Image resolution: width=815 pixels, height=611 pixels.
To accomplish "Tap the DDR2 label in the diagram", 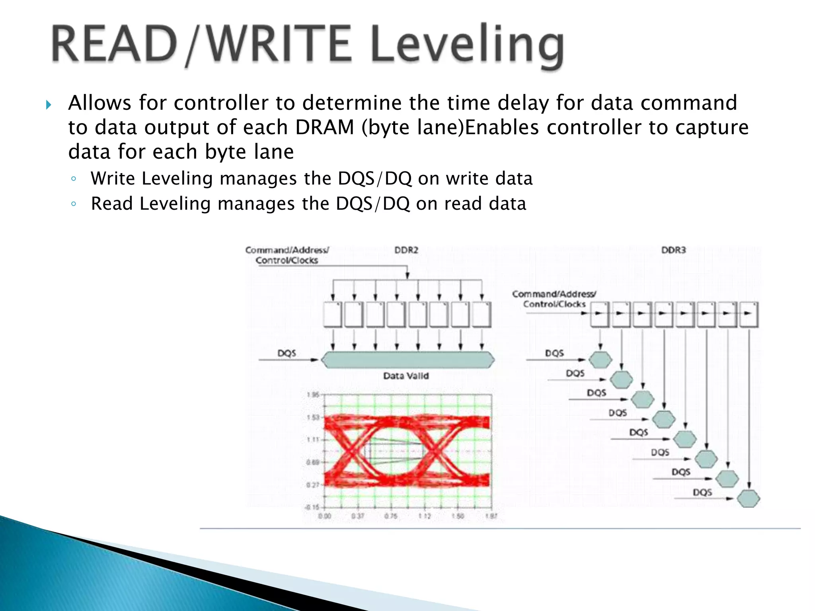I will pyautogui.click(x=406, y=250).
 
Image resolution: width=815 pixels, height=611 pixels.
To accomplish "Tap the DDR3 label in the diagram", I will pyautogui.click(x=673, y=250).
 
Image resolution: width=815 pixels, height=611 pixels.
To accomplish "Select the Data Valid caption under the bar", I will pyautogui.click(x=406, y=376).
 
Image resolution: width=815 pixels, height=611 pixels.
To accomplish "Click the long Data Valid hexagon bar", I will pyautogui.click(x=407, y=360).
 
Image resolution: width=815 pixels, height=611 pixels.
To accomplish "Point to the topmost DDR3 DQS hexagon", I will pyautogui.click(x=600, y=360).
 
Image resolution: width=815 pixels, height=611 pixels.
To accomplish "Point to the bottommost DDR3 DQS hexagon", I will pyautogui.click(x=749, y=498).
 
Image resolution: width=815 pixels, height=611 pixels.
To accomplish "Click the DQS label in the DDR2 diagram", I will pyautogui.click(x=287, y=353).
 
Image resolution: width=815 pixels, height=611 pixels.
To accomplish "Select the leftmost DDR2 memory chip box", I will pyautogui.click(x=333, y=315).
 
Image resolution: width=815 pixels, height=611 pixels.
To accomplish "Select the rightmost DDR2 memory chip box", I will pyautogui.click(x=482, y=315).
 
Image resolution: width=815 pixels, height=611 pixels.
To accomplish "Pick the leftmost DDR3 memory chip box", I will pyautogui.click(x=600, y=314).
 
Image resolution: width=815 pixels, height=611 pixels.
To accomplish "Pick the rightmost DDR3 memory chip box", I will pyautogui.click(x=749, y=314).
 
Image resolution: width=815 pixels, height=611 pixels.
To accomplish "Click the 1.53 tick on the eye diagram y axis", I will pyautogui.click(x=313, y=417).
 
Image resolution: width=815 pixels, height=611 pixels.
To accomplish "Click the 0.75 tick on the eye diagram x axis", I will pyautogui.click(x=391, y=516).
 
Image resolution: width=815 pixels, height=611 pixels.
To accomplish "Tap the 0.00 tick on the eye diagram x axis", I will pyautogui.click(x=325, y=516).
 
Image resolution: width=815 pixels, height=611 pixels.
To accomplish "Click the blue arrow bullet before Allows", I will pyautogui.click(x=49, y=105).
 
